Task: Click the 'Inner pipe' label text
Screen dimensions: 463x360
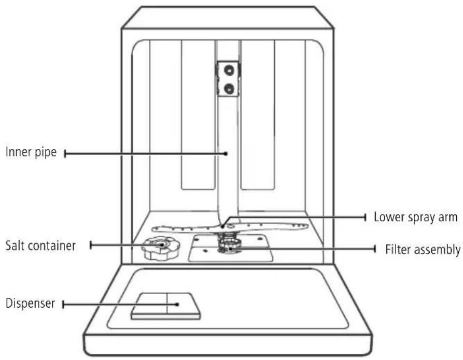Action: (31, 153)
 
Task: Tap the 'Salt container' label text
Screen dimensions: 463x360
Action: (40, 246)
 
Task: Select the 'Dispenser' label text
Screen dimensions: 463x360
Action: (31, 304)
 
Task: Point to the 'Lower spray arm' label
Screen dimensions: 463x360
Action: (415, 217)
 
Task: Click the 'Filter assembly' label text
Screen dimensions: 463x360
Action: (423, 249)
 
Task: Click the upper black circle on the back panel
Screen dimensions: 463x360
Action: (229, 70)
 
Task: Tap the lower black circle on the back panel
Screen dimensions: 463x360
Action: (229, 88)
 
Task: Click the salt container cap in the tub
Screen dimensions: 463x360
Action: (161, 248)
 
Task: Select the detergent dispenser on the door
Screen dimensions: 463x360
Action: (165, 306)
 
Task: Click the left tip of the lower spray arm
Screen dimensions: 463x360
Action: (152, 228)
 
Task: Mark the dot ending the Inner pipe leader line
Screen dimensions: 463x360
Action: (226, 153)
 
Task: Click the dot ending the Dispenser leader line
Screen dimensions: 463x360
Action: (177, 304)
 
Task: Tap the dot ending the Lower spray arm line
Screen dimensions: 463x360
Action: (222, 227)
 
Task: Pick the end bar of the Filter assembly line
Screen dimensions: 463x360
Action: (375, 249)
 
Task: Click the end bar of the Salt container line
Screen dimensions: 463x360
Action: (91, 245)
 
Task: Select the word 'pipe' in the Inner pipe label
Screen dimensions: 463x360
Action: (46, 153)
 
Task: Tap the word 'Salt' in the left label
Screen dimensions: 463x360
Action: (15, 246)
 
